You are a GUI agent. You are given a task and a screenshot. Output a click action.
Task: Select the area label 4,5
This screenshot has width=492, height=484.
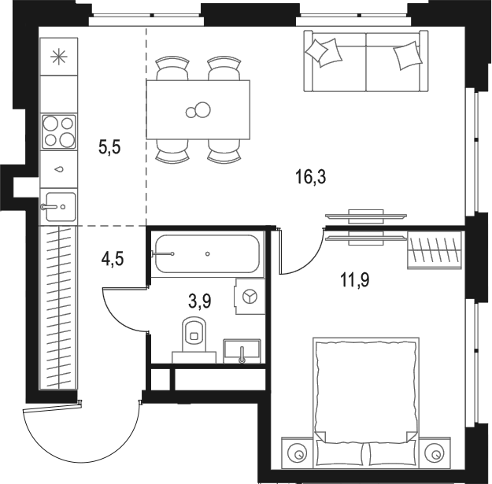tap(112, 257)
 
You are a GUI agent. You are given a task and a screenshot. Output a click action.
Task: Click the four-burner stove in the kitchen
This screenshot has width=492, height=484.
tap(59, 131)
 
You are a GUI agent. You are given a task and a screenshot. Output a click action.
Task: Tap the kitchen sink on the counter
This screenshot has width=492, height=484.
tap(58, 207)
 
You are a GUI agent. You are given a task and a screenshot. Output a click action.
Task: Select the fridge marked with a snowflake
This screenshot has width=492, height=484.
tap(58, 56)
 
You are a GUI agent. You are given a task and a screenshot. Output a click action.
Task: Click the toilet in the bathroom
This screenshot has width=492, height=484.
tap(191, 335)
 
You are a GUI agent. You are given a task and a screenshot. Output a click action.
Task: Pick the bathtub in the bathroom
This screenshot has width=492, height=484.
tap(205, 254)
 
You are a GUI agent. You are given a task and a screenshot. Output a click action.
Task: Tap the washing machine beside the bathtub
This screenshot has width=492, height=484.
tap(249, 296)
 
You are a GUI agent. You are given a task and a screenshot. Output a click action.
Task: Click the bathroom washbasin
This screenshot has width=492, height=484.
tap(242, 349)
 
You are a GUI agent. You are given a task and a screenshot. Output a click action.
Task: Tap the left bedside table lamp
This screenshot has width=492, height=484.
tap(298, 453)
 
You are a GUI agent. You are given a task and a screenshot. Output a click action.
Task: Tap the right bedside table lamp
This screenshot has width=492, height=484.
tap(432, 453)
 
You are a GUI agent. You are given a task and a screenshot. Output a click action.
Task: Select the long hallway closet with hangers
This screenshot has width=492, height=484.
tap(59, 307)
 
